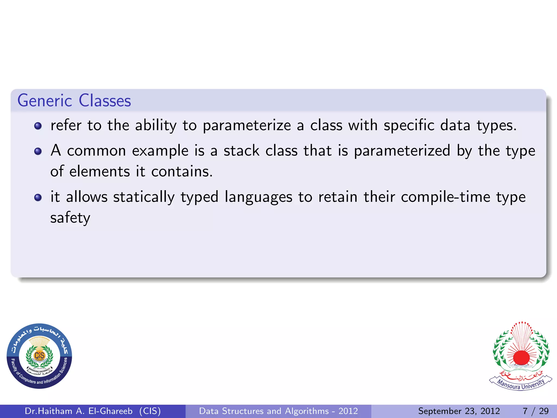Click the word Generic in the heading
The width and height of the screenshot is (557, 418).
(x=45, y=101)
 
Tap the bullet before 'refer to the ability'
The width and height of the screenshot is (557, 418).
(x=38, y=126)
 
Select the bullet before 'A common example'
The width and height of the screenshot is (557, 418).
(x=38, y=151)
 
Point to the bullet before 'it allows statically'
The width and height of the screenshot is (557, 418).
(x=38, y=197)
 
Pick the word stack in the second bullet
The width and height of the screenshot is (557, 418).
(x=242, y=151)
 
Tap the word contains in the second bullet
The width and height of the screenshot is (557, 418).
(x=182, y=172)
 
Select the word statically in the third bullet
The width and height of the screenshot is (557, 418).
(x=144, y=197)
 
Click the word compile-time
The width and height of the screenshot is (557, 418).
(x=445, y=197)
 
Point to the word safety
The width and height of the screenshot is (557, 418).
(x=70, y=218)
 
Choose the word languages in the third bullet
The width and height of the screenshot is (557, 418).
(x=258, y=197)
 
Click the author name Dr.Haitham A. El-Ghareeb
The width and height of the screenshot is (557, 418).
(x=79, y=411)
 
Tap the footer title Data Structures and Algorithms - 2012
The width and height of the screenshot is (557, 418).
(x=278, y=411)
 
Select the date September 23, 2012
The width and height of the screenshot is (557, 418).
(x=459, y=411)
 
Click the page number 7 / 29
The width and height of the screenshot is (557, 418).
(x=536, y=411)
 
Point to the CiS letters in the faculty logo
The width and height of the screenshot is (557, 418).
(x=39, y=355)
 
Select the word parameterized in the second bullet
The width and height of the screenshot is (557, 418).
(x=402, y=151)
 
